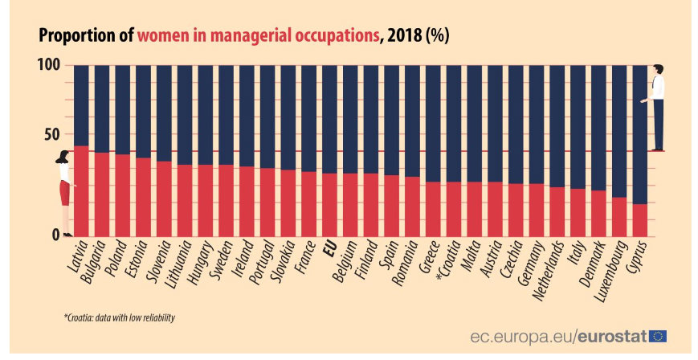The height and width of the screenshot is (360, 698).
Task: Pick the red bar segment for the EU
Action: coord(329,205)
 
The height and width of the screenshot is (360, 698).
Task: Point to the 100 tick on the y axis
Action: coord(50,65)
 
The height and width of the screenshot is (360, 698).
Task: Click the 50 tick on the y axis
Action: coord(50,133)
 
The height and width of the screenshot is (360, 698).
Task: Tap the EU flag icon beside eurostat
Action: coord(658,337)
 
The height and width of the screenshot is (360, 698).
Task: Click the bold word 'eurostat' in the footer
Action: coord(612,337)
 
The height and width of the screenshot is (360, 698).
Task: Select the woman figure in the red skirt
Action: coord(64,193)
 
